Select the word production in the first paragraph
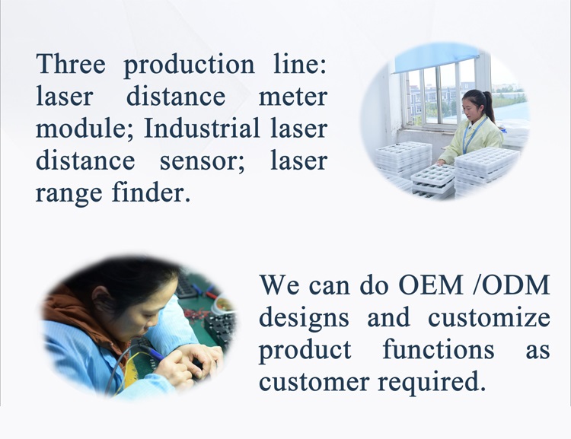189,65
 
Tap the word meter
292,97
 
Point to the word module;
83,129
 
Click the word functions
438,349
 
